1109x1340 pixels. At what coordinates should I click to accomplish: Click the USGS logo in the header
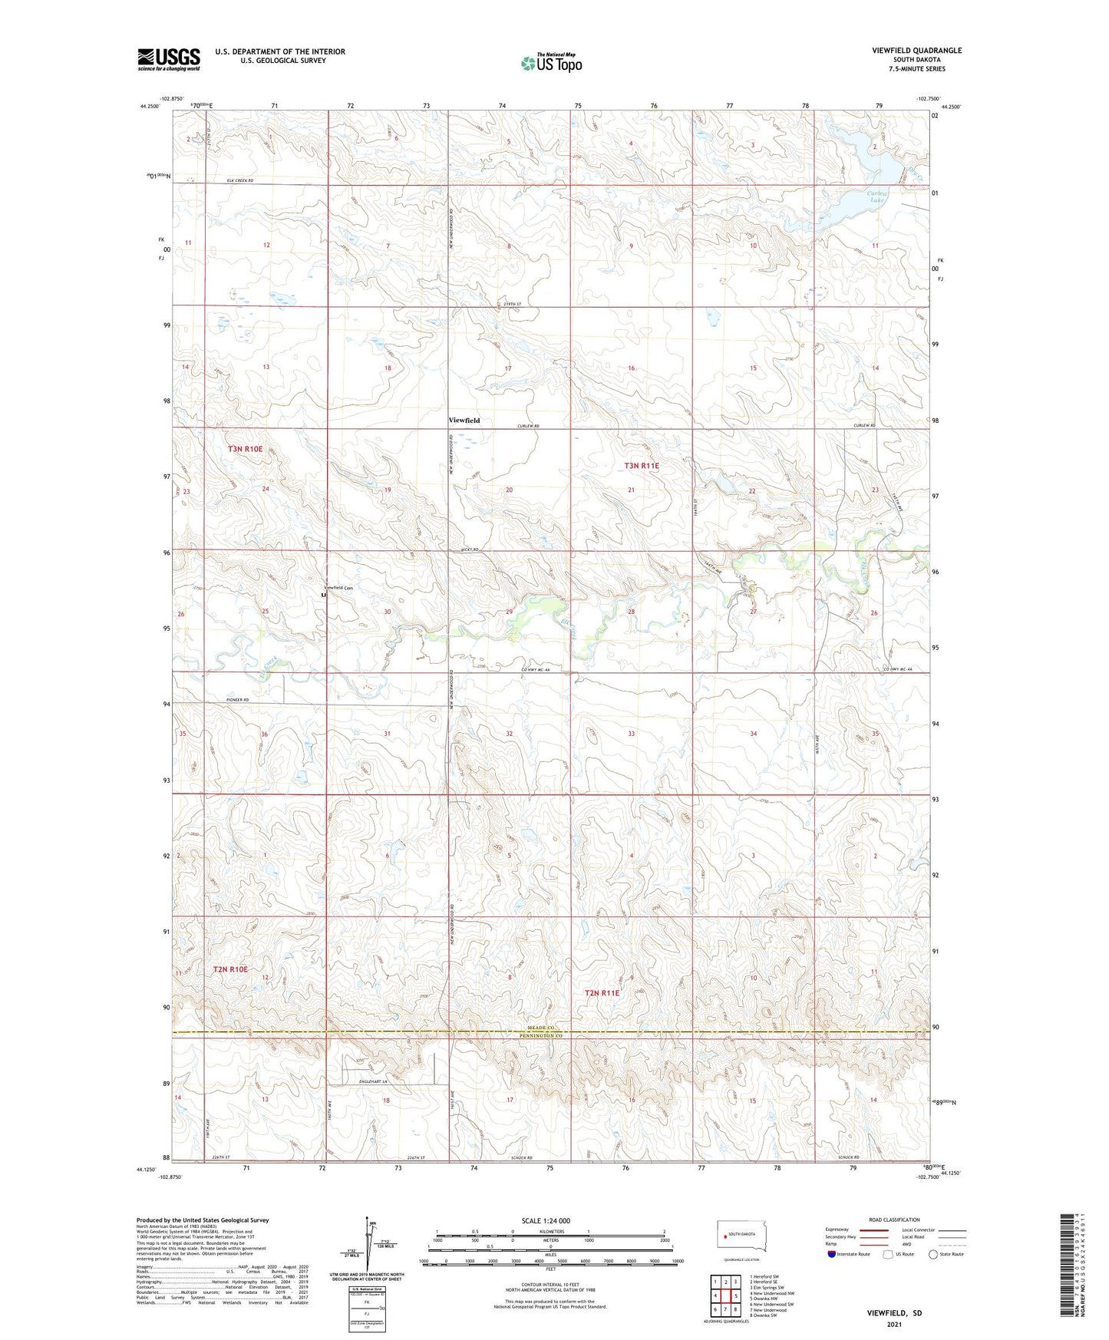(168, 60)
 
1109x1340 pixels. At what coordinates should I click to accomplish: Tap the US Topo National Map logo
(551, 63)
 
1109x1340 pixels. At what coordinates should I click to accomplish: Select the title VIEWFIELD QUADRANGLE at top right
(916, 51)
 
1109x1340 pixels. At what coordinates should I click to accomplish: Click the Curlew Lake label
(877, 197)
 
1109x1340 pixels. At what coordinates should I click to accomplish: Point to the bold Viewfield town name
(464, 421)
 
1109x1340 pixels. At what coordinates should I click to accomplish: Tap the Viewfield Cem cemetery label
(338, 588)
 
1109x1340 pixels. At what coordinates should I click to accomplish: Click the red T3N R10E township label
(245, 449)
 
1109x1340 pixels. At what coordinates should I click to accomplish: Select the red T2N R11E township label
(602, 993)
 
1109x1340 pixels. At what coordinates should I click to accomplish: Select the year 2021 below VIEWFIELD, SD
(893, 1325)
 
